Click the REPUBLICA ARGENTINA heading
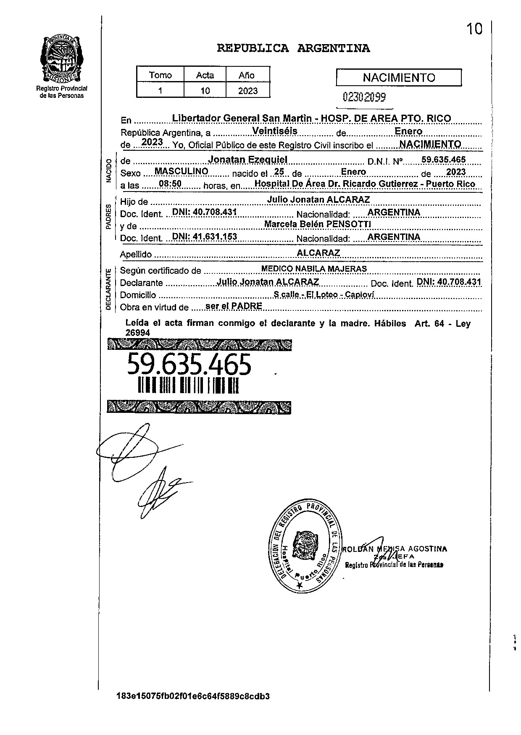(x=293, y=48)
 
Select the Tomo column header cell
(x=161, y=75)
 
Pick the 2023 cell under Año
(x=247, y=91)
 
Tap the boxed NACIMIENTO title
(x=399, y=78)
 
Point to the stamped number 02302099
(x=364, y=97)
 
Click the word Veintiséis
(x=275, y=131)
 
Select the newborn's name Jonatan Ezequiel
(x=248, y=160)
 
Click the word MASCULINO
(x=182, y=171)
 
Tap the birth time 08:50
(x=170, y=184)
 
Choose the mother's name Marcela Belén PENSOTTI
(x=317, y=224)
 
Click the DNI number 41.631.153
(x=205, y=236)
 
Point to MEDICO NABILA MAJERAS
(x=314, y=269)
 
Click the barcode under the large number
(x=188, y=385)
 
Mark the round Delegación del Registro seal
(x=306, y=546)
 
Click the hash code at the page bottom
(x=193, y=696)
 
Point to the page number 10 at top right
(x=474, y=29)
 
